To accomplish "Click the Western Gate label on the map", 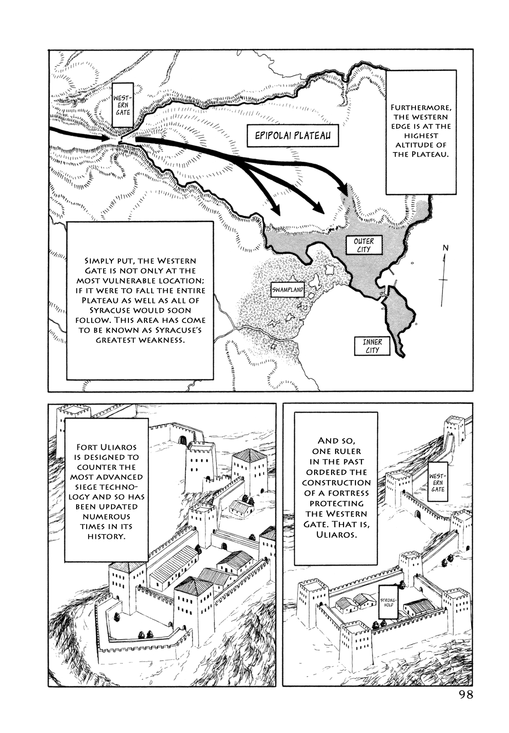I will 123,105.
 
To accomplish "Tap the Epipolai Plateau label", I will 293,136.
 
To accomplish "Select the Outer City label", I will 364,245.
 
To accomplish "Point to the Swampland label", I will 288,290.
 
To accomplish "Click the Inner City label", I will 372,346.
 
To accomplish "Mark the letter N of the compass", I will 445,248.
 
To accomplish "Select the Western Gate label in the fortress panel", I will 437,483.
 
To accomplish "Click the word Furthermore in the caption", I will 421,107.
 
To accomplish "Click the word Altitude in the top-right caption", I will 420,145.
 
